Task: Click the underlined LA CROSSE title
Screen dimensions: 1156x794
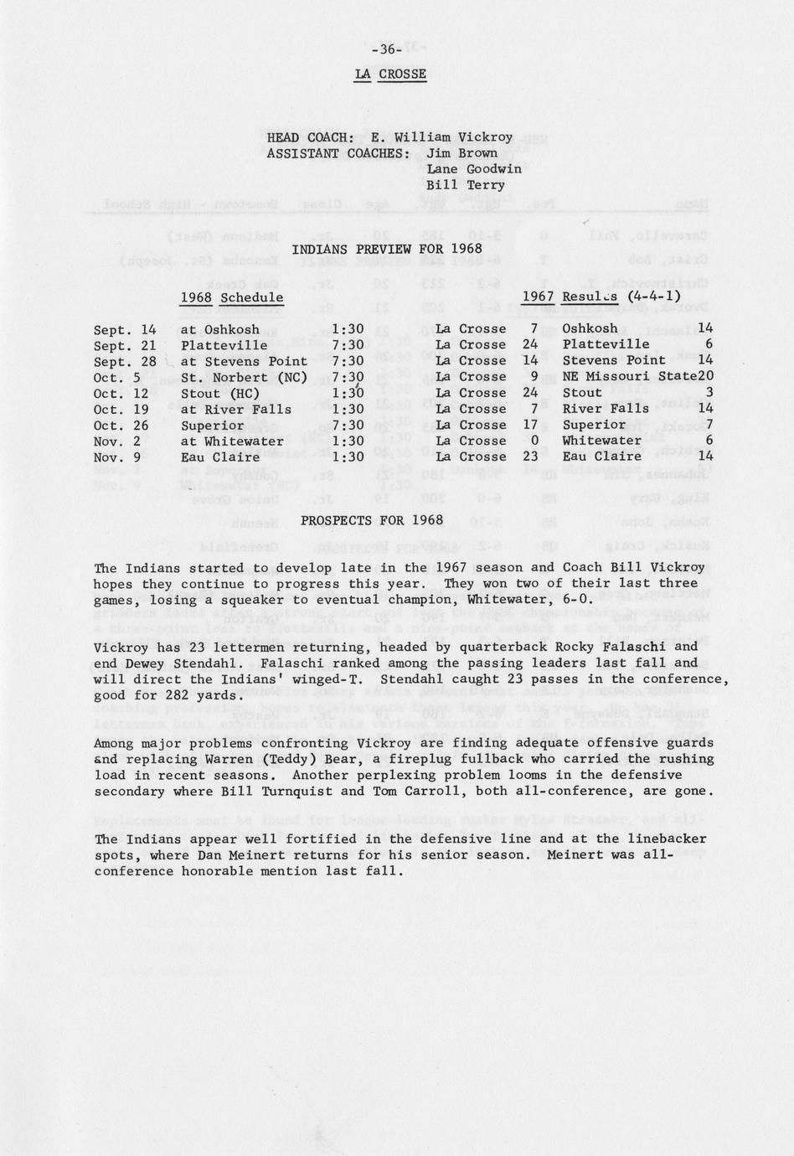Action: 390,74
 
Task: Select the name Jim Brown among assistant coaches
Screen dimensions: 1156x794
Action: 461,153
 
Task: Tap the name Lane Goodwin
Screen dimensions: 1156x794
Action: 473,169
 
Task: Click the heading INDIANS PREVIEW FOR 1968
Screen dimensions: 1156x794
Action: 387,249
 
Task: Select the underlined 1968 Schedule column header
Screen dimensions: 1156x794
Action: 232,297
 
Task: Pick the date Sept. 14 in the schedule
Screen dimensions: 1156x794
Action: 125,329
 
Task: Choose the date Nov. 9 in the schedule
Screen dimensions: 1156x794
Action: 117,457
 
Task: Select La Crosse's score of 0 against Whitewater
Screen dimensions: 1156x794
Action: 533,441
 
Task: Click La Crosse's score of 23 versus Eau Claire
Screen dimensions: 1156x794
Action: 529,457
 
